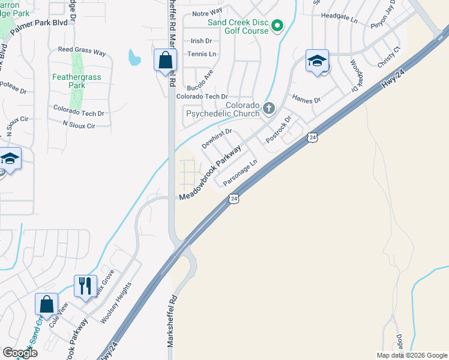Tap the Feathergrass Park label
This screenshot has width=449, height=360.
coord(76,81)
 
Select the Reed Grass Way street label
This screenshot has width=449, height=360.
coord(82,53)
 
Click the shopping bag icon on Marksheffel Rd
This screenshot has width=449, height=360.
coord(165,61)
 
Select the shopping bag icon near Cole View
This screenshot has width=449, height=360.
coord(46,304)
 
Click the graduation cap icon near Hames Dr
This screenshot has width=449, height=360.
coord(317,61)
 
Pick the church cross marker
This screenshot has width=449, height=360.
coord(269,109)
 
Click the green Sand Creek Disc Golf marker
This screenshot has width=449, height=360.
coord(277,25)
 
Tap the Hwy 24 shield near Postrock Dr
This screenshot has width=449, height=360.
coord(312,138)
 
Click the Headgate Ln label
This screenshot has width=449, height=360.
coord(339,20)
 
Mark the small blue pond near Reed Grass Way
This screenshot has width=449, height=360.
coord(134,58)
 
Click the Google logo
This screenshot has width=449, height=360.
coord(20,353)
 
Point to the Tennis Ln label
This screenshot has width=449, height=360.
coord(200,54)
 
